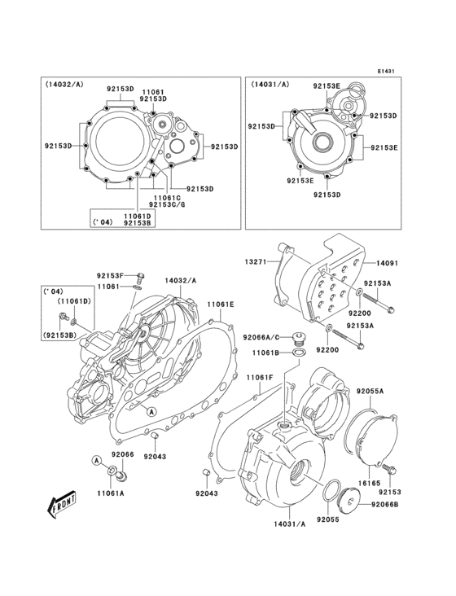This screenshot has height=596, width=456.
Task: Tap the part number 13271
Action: (x=257, y=262)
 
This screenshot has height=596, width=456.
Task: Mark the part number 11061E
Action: (x=220, y=304)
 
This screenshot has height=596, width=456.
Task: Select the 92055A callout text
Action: (x=369, y=392)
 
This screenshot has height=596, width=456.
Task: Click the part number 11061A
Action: (x=111, y=493)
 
